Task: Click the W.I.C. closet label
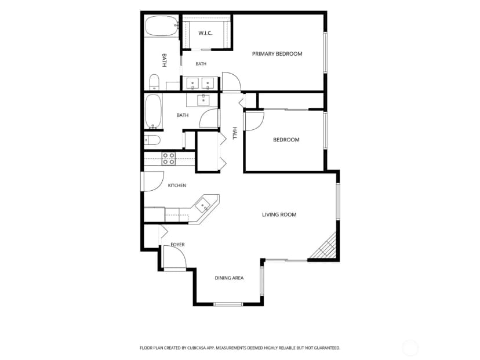click(x=205, y=33)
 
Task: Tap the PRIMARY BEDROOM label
click(x=277, y=54)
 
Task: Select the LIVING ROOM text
click(x=279, y=214)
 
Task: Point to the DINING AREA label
click(x=229, y=278)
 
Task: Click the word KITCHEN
click(x=177, y=185)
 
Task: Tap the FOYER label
click(x=177, y=245)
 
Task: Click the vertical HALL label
click(x=234, y=133)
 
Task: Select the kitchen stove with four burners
click(x=169, y=159)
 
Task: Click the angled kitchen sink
click(x=203, y=205)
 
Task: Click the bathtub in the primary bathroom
click(x=161, y=26)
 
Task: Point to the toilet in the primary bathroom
click(x=154, y=82)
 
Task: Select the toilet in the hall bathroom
click(x=152, y=140)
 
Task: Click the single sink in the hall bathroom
click(x=203, y=100)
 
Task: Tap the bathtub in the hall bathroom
click(x=153, y=111)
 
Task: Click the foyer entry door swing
click(x=175, y=257)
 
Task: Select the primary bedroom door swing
click(x=231, y=82)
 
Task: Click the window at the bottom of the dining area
click(x=228, y=304)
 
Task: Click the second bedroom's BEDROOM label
click(x=286, y=140)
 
